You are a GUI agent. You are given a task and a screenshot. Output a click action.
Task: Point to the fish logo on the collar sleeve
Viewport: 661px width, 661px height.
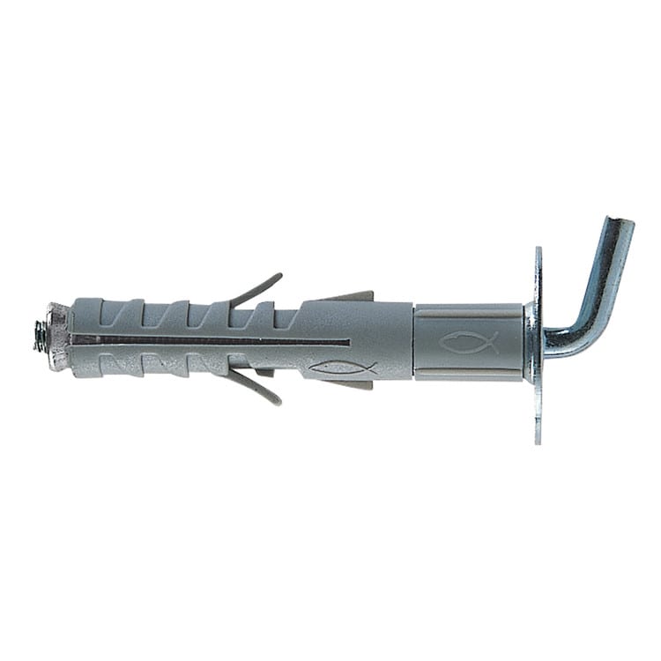pyautogui.click(x=468, y=342)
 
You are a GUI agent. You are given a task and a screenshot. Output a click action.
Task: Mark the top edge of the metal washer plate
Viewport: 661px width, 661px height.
pyautogui.click(x=538, y=252)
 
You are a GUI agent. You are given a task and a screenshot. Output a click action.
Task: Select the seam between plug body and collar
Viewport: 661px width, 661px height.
pyautogui.click(x=414, y=342)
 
